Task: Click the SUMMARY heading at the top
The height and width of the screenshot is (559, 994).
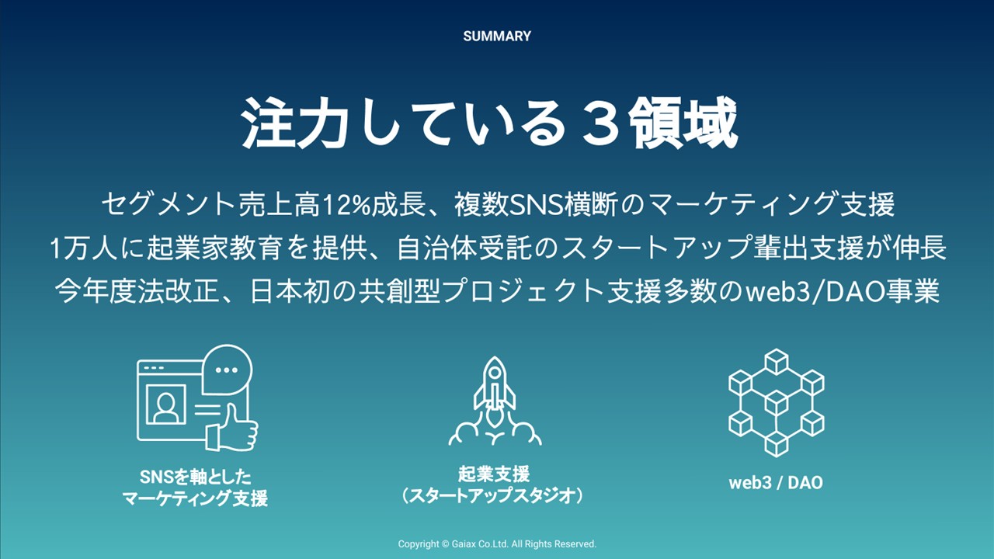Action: point(497,36)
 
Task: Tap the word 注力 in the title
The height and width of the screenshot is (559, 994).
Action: point(294,123)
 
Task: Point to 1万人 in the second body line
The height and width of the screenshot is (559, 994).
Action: point(83,248)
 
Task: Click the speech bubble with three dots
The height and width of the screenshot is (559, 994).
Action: point(228,370)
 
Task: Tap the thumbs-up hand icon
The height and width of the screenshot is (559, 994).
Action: point(232,428)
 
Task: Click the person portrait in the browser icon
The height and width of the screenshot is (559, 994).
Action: point(166,404)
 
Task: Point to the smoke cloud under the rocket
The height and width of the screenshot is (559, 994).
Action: point(495,433)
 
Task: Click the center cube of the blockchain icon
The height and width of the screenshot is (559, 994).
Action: point(776,403)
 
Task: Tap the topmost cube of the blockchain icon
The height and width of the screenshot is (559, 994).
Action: point(777,361)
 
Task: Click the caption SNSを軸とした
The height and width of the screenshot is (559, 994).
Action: point(195,477)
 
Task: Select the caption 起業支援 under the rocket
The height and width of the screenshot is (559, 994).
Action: point(494,474)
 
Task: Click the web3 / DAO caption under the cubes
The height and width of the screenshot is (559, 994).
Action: point(776,483)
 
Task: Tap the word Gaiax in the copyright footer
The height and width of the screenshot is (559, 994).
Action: point(464,544)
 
